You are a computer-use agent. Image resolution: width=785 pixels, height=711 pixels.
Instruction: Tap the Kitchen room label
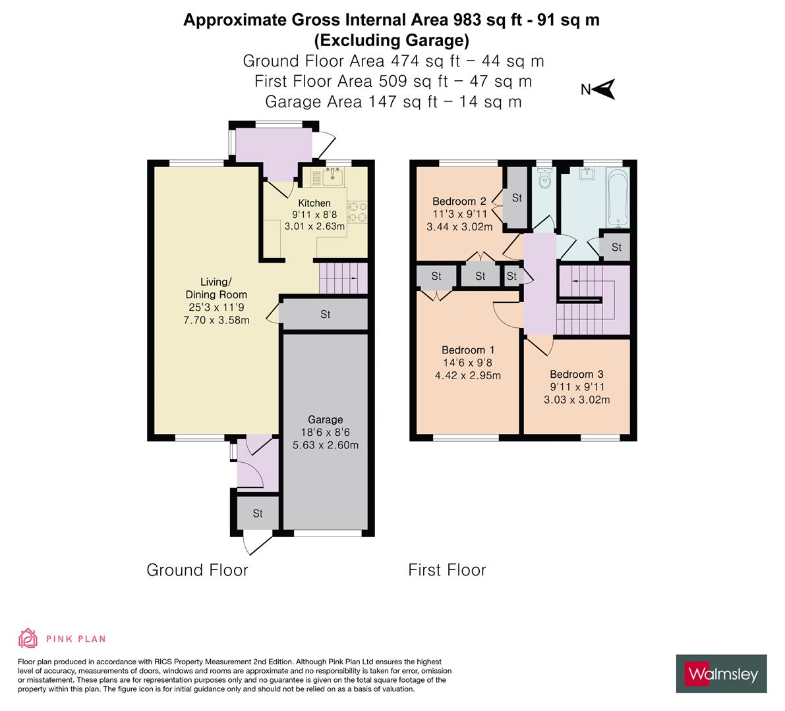click(x=314, y=203)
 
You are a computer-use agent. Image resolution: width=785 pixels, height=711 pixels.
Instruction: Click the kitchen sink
click(x=330, y=175)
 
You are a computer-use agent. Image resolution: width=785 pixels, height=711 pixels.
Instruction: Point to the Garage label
click(x=325, y=419)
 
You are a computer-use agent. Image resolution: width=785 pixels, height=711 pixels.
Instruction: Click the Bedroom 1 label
click(x=468, y=350)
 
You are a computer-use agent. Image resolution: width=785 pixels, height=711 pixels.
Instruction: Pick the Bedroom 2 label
click(x=459, y=201)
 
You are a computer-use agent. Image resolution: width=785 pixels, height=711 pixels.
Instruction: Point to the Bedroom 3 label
click(x=577, y=375)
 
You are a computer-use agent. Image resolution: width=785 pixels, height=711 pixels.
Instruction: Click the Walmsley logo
click(x=722, y=673)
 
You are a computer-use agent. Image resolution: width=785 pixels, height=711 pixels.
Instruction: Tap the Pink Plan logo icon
click(x=28, y=638)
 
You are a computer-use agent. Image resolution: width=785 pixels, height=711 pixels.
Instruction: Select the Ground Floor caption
click(x=197, y=570)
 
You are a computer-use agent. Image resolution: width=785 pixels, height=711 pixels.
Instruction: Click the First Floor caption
click(x=447, y=570)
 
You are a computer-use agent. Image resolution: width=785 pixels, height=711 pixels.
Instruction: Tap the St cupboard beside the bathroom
click(x=616, y=248)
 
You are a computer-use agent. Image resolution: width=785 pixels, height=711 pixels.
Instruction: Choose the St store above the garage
click(x=325, y=315)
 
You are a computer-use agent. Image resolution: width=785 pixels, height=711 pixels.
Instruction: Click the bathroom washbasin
click(x=586, y=174)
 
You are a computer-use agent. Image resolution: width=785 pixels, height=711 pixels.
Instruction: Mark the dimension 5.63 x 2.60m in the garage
click(x=325, y=444)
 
